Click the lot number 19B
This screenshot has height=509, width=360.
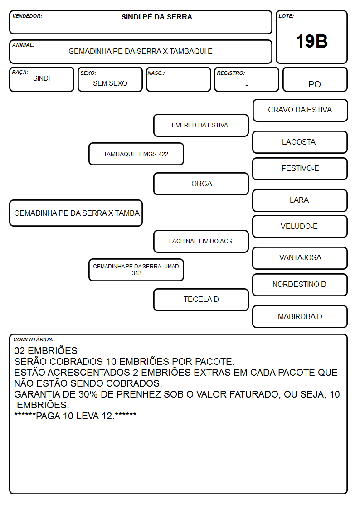pos(311,41)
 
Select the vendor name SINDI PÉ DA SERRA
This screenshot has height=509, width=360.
pos(157,17)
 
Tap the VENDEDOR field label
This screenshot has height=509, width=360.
pos(27,16)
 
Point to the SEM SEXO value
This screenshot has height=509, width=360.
pos(110,83)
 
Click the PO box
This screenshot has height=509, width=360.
pos(315,79)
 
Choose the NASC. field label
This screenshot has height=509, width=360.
pos(156,73)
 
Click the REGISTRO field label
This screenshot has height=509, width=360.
pos(231,73)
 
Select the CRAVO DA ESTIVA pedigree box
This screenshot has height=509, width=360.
pos(300,111)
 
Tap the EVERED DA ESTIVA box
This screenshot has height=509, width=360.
pos(201,125)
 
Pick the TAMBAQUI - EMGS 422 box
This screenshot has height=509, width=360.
pos(136,154)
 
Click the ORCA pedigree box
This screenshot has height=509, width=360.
pos(201,184)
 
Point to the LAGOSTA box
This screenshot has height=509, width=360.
pos(300,142)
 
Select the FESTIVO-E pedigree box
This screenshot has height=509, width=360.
pos(300,169)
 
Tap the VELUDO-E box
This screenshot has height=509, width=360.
pos(300,227)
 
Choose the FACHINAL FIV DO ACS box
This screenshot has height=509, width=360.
pos(201,242)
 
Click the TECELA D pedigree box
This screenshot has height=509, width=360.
pos(201,300)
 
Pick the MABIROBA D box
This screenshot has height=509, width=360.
pos(300,316)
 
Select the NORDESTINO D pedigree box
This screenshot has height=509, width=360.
pos(300,285)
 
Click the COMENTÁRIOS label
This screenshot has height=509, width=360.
pos(34,339)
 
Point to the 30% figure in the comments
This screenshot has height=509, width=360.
pos(88,394)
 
